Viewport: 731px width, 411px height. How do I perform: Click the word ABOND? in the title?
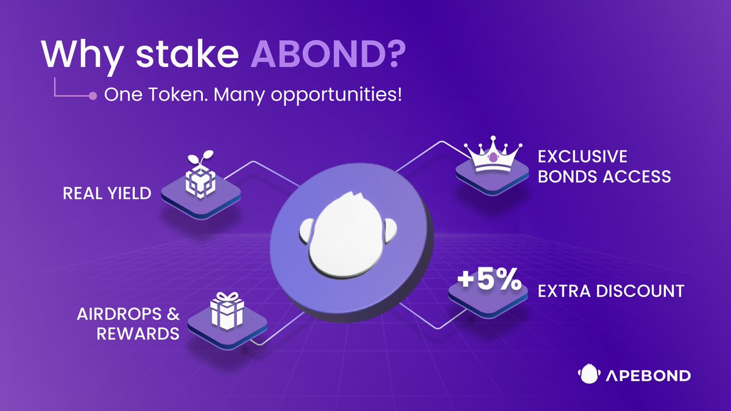328,53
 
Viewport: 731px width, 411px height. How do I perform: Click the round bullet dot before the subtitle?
93,96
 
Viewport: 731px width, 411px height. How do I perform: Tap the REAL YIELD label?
107,194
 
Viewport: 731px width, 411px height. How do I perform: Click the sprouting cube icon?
200,175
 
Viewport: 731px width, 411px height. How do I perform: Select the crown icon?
493,154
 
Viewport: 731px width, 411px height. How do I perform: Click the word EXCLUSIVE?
582,156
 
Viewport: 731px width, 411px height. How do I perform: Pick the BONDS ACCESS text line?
604,177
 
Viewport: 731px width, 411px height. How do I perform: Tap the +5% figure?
489,279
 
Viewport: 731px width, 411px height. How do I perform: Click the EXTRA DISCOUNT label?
611,291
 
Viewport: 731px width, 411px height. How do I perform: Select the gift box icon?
227,311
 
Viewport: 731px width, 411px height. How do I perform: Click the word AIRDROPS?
119,314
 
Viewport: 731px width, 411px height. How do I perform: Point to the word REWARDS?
138,334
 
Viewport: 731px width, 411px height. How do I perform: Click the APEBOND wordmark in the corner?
648,376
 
